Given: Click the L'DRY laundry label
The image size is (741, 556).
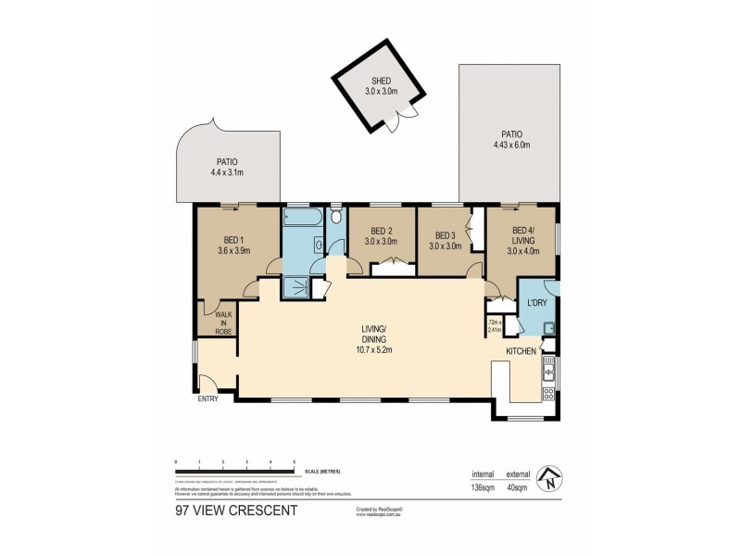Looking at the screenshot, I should click(536, 303).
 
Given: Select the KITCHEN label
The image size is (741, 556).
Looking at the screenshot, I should click(521, 352).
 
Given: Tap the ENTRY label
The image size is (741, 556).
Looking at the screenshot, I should click(208, 400).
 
